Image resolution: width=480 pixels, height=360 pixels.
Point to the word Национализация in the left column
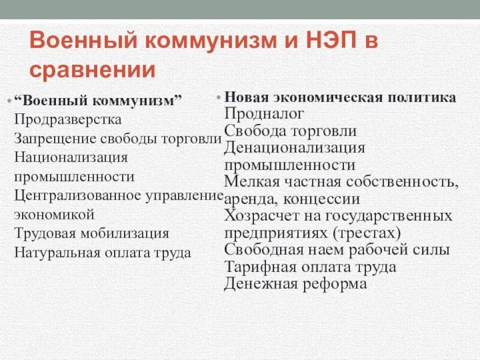tap(72, 157)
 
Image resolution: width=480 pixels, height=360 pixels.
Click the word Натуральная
tap(57, 253)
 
